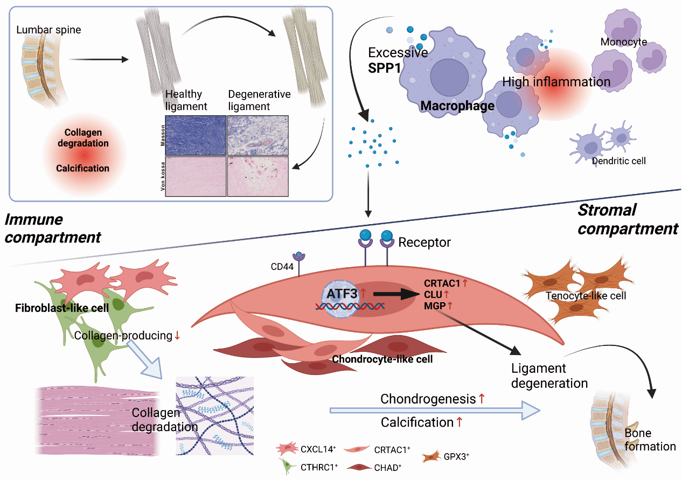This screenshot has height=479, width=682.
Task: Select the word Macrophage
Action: point(457,106)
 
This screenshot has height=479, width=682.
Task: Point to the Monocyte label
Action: point(623,41)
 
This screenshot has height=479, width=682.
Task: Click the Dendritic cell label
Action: point(618,161)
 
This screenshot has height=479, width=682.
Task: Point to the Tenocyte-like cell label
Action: point(578,296)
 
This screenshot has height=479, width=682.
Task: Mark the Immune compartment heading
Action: point(52,228)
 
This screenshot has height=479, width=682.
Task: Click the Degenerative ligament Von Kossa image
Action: point(258,176)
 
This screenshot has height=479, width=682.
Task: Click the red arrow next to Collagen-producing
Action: point(177,336)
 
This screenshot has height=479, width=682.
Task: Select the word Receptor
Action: point(424,242)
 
